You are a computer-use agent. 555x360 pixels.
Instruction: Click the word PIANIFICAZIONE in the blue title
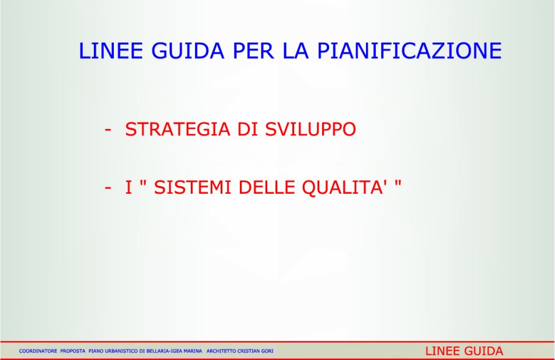[410, 51]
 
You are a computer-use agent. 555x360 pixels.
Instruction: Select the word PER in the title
[253, 51]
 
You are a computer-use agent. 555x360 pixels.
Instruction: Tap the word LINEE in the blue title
[111, 51]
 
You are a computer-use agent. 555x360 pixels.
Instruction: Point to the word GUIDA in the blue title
[187, 51]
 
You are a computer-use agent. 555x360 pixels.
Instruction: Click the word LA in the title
[295, 51]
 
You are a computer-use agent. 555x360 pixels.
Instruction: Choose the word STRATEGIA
[177, 129]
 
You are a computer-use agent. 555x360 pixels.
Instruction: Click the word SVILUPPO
[310, 129]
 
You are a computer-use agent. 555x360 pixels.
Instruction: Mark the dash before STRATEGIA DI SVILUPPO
[108, 130]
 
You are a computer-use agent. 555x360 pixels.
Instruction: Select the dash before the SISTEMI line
[108, 188]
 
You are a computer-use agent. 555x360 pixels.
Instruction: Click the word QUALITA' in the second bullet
[344, 187]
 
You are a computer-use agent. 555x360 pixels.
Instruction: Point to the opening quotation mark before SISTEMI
[144, 183]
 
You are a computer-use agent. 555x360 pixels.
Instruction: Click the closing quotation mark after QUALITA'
[398, 183]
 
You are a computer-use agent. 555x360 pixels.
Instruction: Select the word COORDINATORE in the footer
[38, 351]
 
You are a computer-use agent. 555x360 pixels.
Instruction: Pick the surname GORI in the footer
[267, 351]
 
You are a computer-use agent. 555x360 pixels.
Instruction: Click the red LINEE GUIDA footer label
[464, 351]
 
